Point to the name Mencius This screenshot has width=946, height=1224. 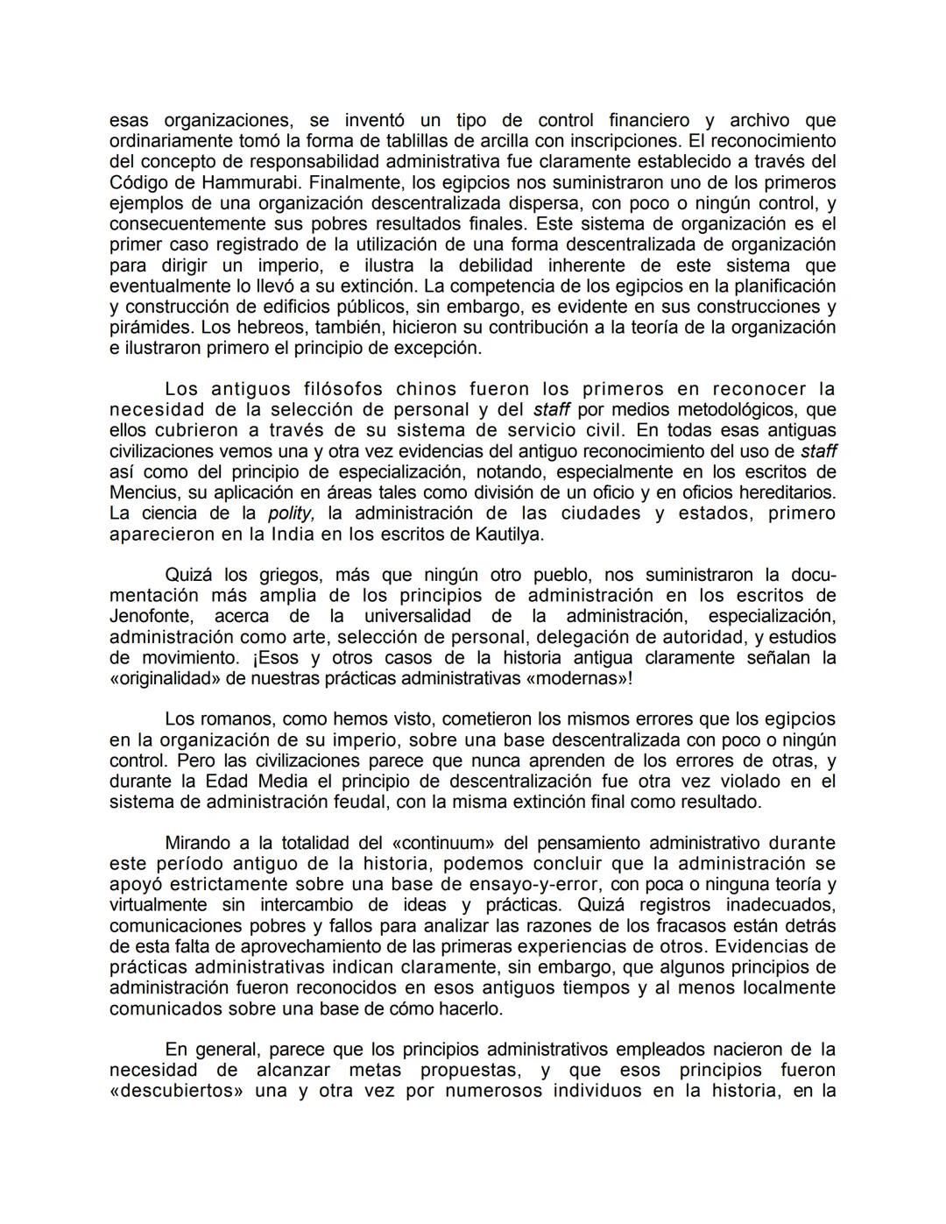[x=145, y=492]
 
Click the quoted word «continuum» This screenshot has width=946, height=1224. [x=447, y=843]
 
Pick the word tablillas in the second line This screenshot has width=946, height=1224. [x=416, y=141]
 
